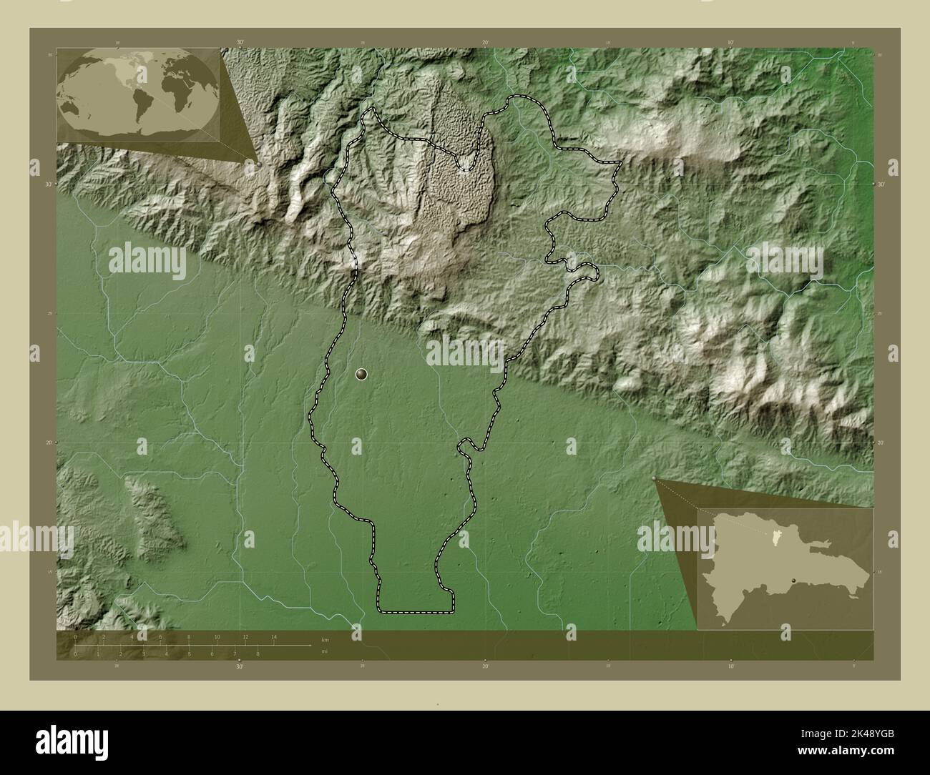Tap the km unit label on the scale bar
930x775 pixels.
325,639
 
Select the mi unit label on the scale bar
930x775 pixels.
325,651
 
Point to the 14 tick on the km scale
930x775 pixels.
273,636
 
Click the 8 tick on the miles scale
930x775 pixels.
258,653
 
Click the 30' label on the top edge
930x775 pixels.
240,43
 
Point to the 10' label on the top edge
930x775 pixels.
730,43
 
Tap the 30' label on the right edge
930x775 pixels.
882,184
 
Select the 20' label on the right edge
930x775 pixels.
882,443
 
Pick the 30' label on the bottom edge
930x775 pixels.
239,666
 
